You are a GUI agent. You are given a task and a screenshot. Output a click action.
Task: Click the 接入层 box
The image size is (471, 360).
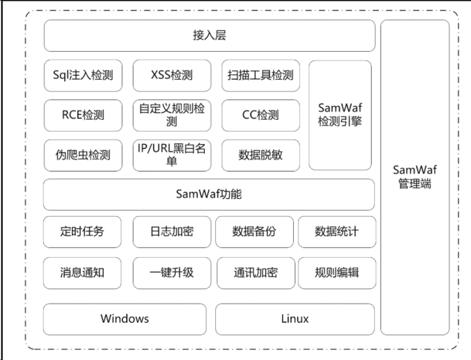pos(209,35)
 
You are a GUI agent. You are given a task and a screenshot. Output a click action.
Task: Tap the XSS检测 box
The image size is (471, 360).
pos(172,75)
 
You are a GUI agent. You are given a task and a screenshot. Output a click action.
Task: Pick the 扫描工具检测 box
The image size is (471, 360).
pos(261,75)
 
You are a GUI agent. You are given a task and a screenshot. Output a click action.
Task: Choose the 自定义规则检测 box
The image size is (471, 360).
pos(172,115)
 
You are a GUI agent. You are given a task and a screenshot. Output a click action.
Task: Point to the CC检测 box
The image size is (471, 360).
pos(261,115)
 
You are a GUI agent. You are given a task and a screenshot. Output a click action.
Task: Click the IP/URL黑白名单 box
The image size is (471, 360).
pos(172,155)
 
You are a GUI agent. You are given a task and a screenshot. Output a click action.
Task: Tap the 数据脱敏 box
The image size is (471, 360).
pos(261,155)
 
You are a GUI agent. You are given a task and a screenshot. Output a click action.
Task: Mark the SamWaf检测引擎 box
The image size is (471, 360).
pos(340,115)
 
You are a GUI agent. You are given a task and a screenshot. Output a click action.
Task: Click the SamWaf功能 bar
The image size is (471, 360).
pos(209,194)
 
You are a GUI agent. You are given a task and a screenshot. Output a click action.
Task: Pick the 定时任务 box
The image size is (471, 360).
pos(82,232)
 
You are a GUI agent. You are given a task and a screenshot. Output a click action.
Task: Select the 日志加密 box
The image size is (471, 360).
pos(172,232)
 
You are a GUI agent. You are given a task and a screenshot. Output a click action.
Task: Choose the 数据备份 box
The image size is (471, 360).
pos(254,232)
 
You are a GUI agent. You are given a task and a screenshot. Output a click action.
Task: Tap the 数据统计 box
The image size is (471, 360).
pos(337,232)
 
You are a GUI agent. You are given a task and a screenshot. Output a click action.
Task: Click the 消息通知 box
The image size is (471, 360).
pos(82,272)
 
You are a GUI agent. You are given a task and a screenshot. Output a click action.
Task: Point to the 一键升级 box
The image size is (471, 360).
pos(172,272)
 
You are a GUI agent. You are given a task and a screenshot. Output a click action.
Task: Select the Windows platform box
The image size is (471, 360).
pos(125,319)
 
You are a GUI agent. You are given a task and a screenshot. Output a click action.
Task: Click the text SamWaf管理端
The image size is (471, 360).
pos(415,177)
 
